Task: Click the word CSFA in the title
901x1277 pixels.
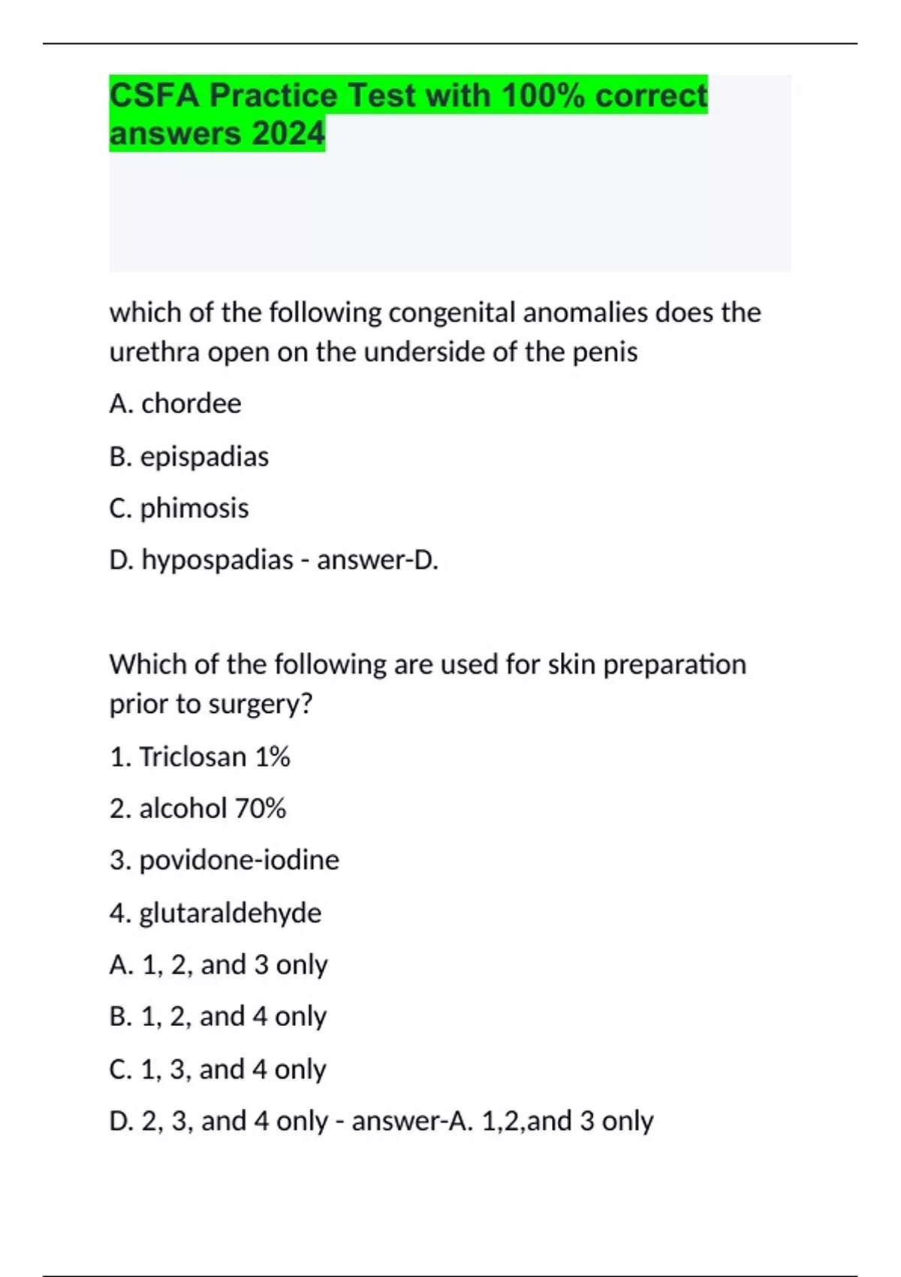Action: [x=154, y=95]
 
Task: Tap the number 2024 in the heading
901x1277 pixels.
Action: [x=288, y=134]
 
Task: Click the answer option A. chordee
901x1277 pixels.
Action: [x=175, y=404]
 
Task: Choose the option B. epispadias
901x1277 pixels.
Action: [x=188, y=457]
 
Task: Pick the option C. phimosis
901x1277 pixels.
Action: [x=179, y=509]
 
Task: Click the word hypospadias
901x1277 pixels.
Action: [x=217, y=560]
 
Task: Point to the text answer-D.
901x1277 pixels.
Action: [x=378, y=560]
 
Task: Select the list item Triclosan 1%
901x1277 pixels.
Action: [x=200, y=756]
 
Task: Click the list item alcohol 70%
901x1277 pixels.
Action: [x=197, y=808]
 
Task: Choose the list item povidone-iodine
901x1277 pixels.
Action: [x=224, y=860]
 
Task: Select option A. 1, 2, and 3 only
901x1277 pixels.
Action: [x=218, y=965]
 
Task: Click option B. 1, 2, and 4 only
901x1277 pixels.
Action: [x=218, y=1016]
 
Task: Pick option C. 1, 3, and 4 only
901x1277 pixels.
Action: [x=218, y=1069]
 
